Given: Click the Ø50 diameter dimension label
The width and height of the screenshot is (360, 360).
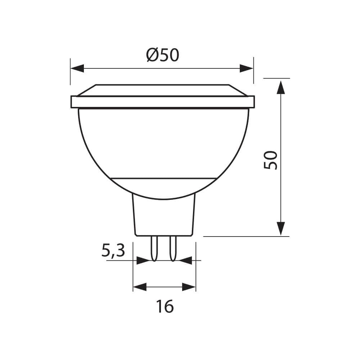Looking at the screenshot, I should [x=163, y=55].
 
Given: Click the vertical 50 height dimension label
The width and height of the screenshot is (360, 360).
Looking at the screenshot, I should [x=271, y=160].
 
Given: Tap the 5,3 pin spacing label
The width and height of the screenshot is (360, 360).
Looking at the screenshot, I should [x=113, y=251].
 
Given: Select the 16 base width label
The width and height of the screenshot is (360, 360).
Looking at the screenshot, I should [x=165, y=306].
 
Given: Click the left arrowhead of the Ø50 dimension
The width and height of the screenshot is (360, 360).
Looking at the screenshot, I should [x=77, y=68].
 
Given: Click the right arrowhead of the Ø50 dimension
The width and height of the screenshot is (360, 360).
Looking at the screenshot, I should [x=247, y=68].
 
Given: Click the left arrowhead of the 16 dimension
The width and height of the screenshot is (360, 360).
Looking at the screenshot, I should [x=140, y=287].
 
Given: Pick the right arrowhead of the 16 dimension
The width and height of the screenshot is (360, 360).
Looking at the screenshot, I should [x=189, y=287].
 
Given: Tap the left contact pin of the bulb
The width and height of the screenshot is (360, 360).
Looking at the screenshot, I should [x=154, y=248].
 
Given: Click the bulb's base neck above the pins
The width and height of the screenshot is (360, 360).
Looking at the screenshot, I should [x=164, y=216].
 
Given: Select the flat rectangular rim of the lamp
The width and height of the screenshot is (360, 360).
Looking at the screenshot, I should [x=163, y=102].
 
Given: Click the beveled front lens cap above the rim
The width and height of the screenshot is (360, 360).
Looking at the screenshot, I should [x=163, y=90].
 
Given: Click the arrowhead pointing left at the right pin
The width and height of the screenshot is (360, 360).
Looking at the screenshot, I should [x=185, y=260].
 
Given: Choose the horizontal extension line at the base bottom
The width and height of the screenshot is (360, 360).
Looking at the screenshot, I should [x=246, y=237].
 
